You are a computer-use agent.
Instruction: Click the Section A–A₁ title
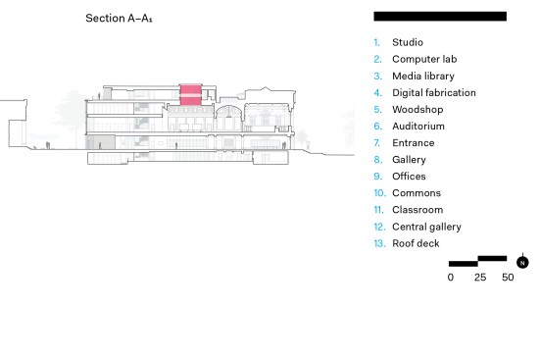click(x=119, y=18)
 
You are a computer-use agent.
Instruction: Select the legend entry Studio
click(x=408, y=42)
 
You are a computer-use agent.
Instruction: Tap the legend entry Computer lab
click(x=424, y=59)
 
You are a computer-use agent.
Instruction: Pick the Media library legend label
click(x=423, y=76)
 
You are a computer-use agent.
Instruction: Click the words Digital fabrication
click(x=434, y=92)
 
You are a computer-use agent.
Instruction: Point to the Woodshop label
click(x=417, y=109)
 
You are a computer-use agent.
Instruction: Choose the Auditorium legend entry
click(x=418, y=126)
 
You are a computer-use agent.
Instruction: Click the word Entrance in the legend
click(x=414, y=143)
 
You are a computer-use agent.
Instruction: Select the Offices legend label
click(x=409, y=177)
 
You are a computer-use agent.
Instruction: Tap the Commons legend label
click(x=417, y=193)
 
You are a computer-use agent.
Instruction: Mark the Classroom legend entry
click(x=417, y=210)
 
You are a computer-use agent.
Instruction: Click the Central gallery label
click(x=426, y=227)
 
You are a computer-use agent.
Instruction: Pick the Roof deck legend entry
click(x=416, y=243)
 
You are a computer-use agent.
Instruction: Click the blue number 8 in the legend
click(x=377, y=159)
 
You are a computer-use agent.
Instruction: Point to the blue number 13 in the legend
click(x=379, y=243)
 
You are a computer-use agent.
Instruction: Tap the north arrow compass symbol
click(x=522, y=263)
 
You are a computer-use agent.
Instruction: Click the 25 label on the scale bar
click(x=480, y=277)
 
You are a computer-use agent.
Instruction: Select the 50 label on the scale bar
click(x=508, y=277)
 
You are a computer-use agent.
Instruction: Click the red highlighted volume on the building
click(x=190, y=94)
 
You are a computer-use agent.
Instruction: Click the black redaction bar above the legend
click(x=440, y=17)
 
